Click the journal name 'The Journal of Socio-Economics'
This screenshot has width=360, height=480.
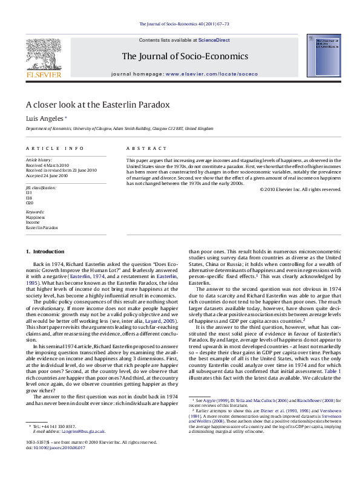pyautogui.click(x=185, y=56)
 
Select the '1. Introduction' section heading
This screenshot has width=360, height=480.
pyautogui.click(x=43, y=250)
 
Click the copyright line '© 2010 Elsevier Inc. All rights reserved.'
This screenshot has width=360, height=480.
pyautogui.click(x=300, y=189)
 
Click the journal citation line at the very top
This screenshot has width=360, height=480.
pyautogui.click(x=185, y=24)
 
